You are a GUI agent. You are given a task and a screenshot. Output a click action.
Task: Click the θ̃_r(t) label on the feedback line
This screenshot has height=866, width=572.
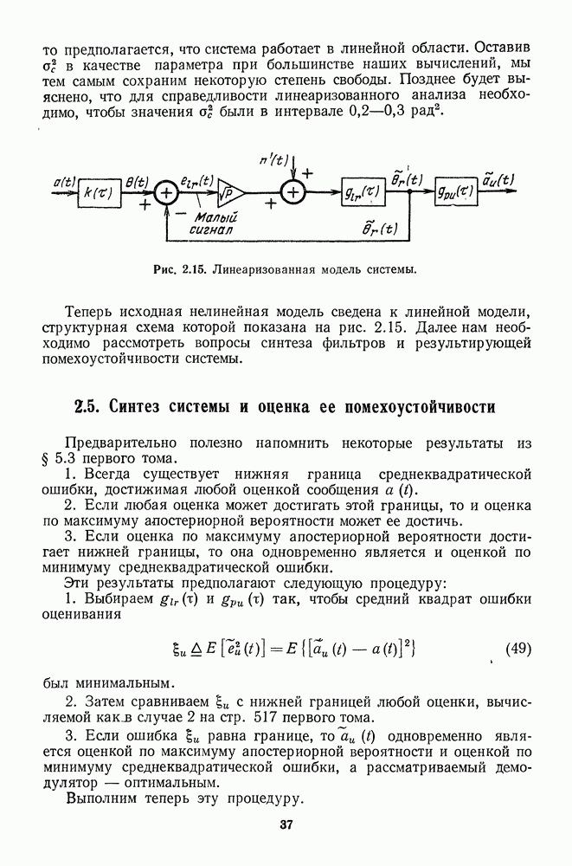(x=382, y=229)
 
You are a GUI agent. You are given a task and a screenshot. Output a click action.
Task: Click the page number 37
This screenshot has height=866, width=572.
(x=286, y=824)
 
